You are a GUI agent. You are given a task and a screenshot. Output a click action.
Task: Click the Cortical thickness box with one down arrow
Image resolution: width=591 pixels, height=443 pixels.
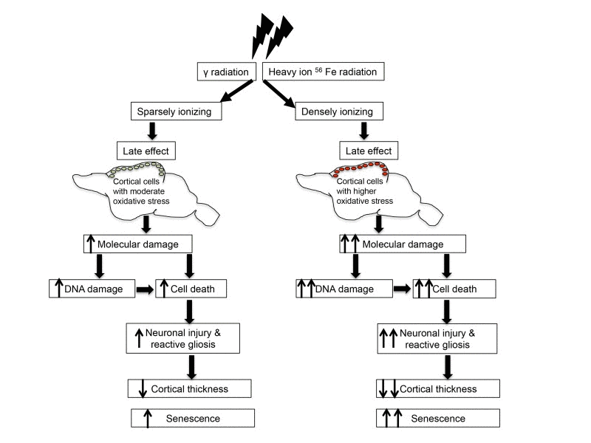[192, 388]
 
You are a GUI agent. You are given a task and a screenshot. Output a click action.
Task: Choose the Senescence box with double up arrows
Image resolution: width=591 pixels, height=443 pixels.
[426, 418]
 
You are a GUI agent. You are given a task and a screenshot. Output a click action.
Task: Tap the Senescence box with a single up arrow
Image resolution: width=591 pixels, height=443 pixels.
[192, 418]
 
